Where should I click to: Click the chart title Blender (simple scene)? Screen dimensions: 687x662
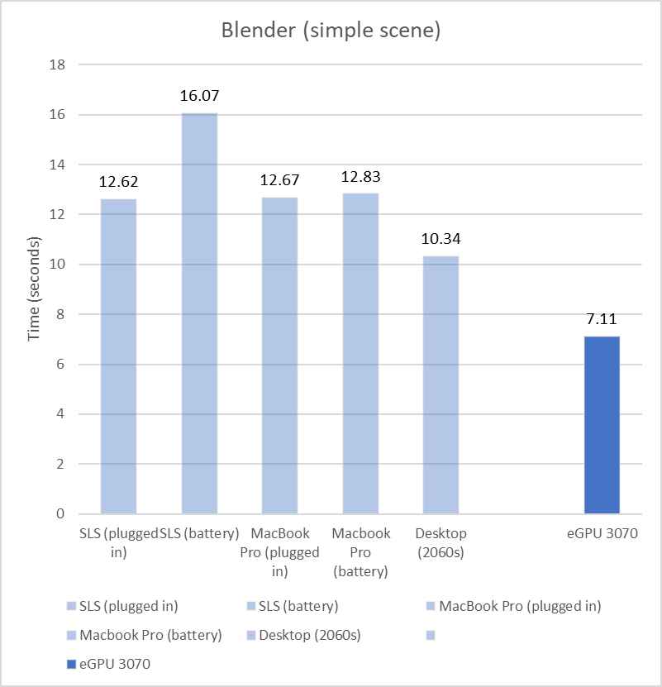click(331, 31)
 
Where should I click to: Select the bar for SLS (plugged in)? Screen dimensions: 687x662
click(118, 355)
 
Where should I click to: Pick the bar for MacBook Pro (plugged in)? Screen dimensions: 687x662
click(280, 355)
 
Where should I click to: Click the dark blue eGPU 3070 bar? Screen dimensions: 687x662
click(602, 425)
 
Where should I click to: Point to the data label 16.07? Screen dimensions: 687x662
click(199, 97)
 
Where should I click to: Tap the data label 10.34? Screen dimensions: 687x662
click(441, 240)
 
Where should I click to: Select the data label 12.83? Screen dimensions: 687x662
click(360, 177)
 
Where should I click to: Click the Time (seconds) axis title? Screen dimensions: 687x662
click(35, 289)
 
